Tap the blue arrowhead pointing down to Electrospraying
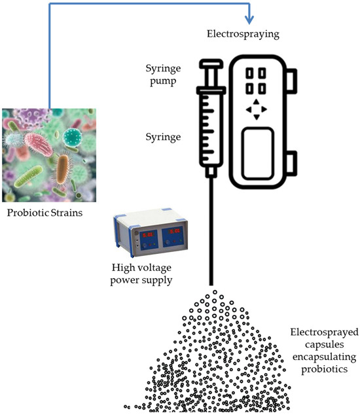click(248, 20)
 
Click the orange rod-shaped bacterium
click(63, 168)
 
